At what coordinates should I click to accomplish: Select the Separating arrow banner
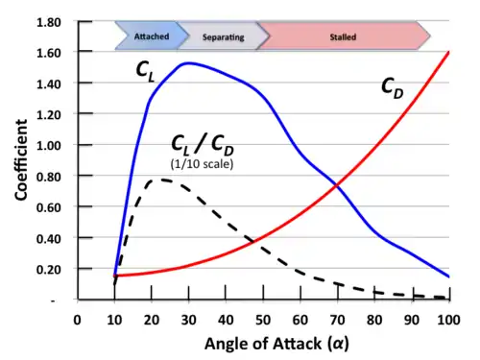[222, 36]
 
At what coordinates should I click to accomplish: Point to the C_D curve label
[393, 87]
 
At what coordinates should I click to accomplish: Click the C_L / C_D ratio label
[204, 143]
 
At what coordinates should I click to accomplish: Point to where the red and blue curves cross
[336, 185]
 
